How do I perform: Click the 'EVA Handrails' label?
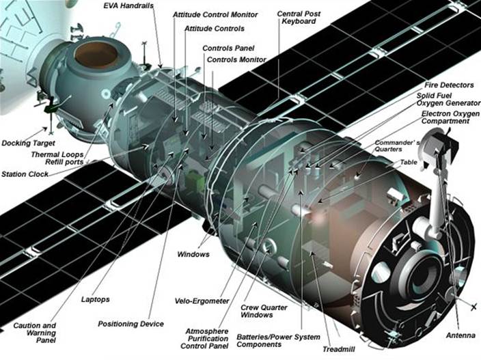coord(128,5)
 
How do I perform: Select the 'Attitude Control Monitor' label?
coord(215,15)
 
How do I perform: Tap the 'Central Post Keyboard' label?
coord(299,18)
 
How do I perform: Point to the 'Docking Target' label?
coord(28,143)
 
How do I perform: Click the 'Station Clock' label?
coord(25,174)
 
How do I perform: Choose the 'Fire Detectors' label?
coord(449,85)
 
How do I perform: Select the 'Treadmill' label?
coord(339,349)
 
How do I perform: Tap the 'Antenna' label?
coord(461,335)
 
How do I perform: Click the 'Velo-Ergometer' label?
coord(202,301)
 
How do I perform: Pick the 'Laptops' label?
coord(95,299)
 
